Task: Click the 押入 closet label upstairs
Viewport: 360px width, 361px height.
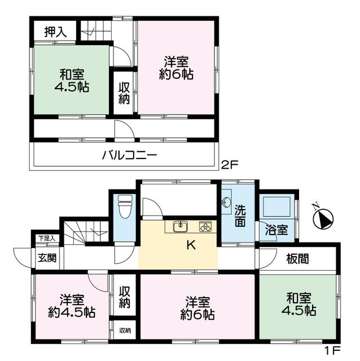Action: pos(54,32)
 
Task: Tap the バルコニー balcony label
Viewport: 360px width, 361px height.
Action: pos(129,154)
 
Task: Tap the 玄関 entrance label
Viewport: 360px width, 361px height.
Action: pos(47,259)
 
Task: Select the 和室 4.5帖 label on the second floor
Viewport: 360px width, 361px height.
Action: pos(72,80)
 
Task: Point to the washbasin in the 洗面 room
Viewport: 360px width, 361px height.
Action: pos(227,201)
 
